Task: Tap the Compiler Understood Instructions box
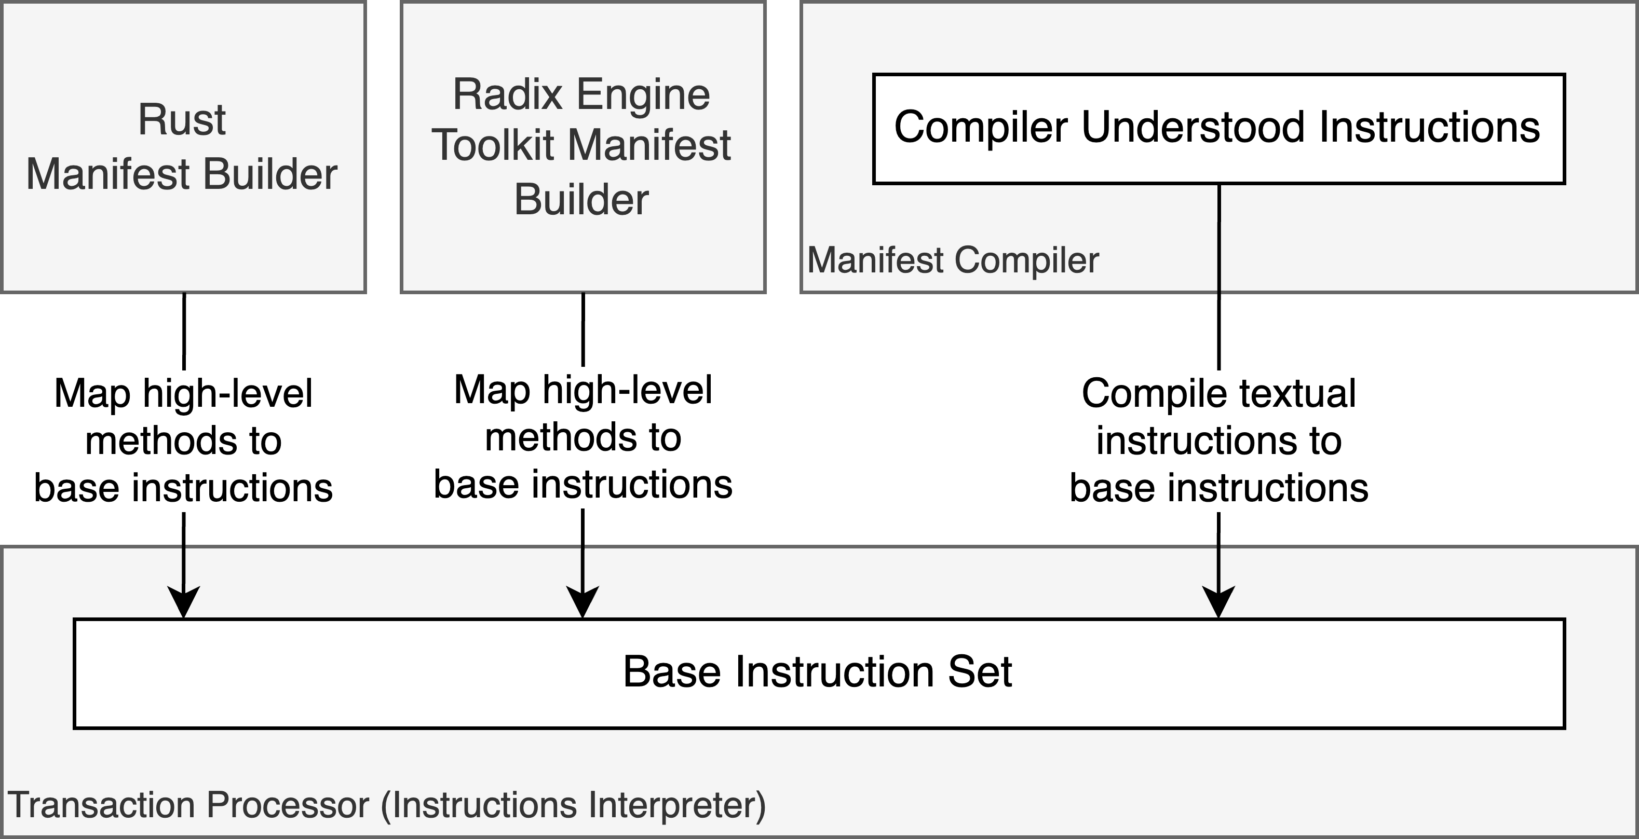(1218, 129)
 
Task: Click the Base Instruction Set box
(818, 672)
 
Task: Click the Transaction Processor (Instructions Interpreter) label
(386, 805)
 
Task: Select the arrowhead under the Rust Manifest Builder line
(183, 601)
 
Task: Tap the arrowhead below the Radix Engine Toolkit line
(583, 601)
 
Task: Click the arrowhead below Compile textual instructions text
(1218, 601)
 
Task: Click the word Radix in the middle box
(508, 95)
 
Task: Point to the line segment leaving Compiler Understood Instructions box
(1218, 273)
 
